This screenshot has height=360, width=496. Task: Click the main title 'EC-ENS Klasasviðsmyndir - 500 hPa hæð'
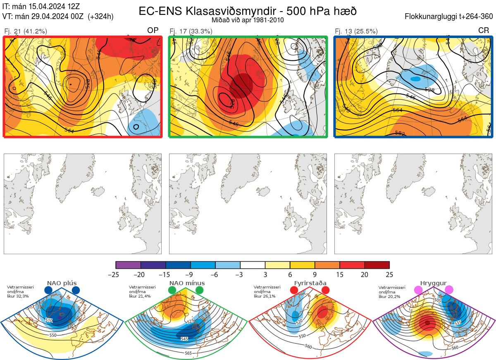[x=248, y=11]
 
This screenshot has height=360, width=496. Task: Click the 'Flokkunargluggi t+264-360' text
[x=449, y=17]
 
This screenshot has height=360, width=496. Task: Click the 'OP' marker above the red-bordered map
[x=153, y=31]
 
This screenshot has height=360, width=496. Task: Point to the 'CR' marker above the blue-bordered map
[x=483, y=31]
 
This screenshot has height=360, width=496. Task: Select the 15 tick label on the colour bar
[x=340, y=274]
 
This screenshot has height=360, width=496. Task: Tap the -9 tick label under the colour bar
[x=191, y=274]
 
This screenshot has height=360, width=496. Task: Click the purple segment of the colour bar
[x=128, y=265]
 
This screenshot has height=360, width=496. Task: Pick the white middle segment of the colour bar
[x=253, y=265]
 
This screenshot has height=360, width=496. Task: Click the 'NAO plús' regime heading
[x=62, y=283]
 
